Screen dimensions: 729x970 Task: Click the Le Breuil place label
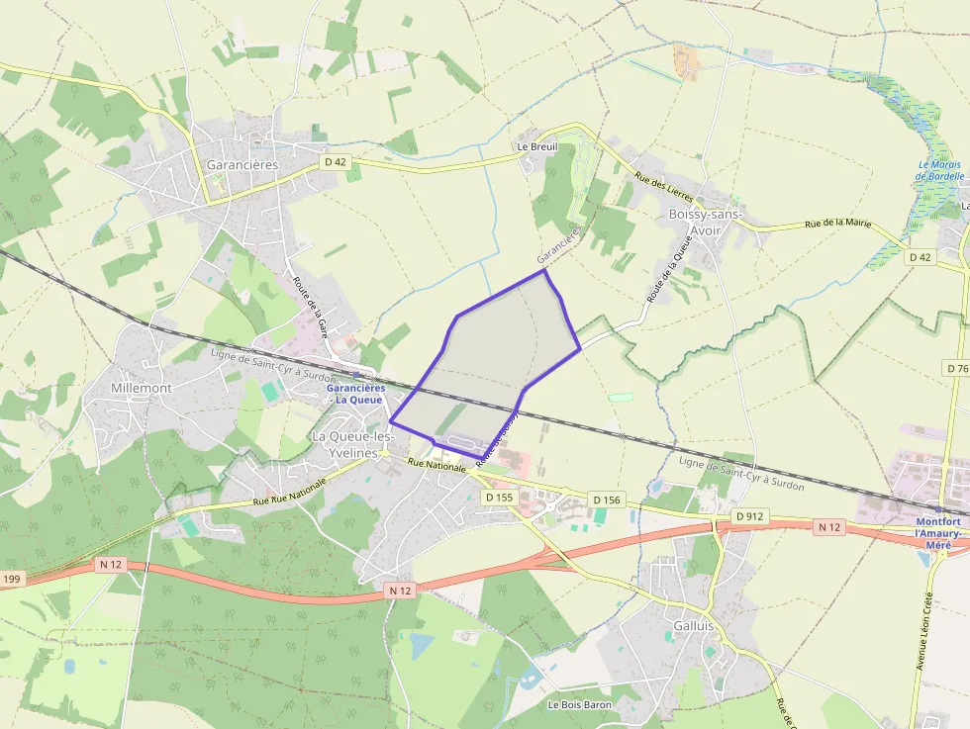click(537, 146)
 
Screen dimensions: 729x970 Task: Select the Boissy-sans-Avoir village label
click(705, 222)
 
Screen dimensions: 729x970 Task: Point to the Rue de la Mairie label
click(838, 224)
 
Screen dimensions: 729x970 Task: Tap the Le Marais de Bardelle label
click(940, 170)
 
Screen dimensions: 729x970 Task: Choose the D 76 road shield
click(956, 368)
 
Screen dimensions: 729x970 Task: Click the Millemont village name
click(142, 388)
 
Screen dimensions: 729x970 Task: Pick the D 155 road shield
click(500, 497)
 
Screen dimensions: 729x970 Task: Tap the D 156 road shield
click(605, 501)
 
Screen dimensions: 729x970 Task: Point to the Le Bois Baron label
click(579, 705)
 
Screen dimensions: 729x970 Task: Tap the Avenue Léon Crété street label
click(928, 632)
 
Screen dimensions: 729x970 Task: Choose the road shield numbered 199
click(11, 578)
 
